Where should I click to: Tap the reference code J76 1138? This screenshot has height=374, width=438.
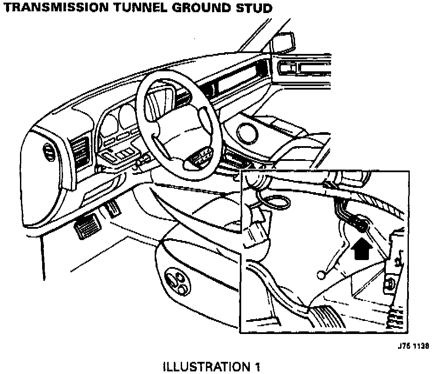(x=412, y=347)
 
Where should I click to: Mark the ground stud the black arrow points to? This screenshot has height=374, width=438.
(x=360, y=227)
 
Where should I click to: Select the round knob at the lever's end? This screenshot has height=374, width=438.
(x=321, y=274)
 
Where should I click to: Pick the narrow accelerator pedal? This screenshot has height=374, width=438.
(x=113, y=208)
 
